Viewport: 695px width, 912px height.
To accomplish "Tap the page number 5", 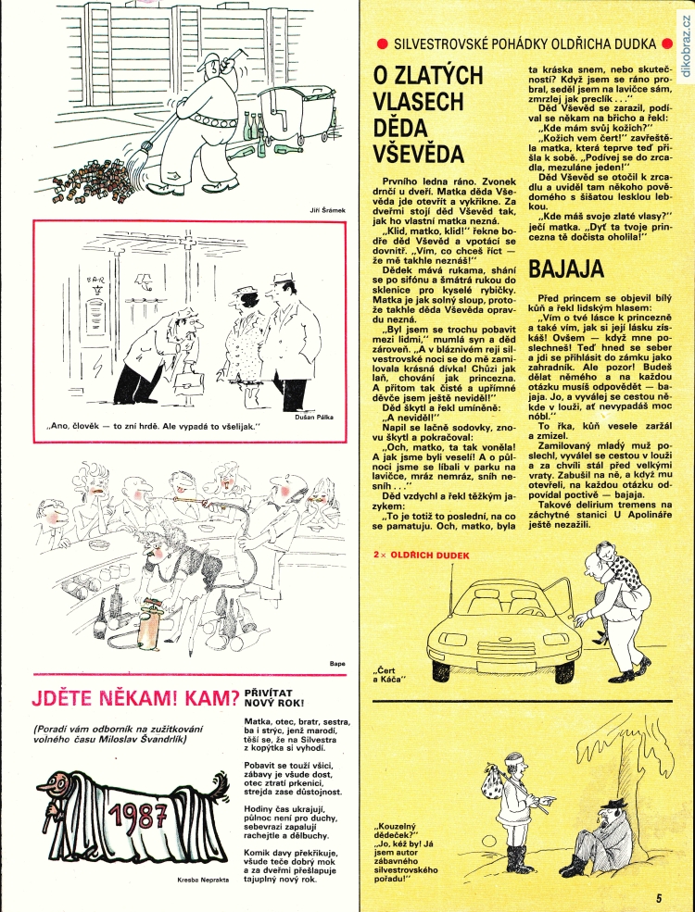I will pos(658,896).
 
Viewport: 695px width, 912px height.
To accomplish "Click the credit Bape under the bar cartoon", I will pos(337,663).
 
